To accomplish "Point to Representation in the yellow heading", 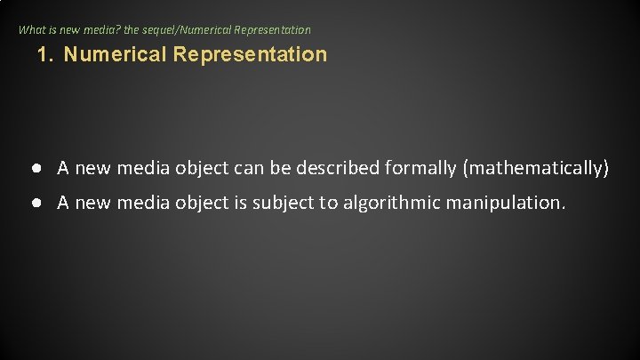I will click(251, 54).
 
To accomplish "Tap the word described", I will click(341, 167).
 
